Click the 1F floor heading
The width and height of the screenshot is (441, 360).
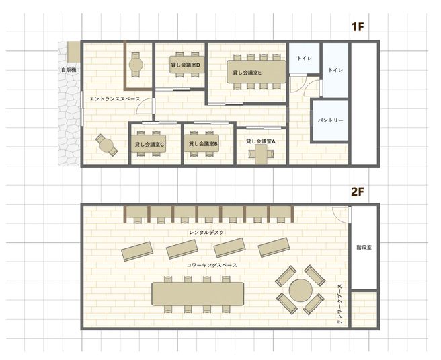pos(357,28)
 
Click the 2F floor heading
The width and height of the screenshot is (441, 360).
pos(357,191)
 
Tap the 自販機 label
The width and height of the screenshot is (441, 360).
pos(69,69)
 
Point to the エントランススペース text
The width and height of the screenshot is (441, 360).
pos(114,100)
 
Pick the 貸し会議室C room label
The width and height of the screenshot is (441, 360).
pos(149,144)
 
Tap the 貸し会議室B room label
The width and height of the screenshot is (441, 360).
pos(204,143)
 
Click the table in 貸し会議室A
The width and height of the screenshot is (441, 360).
pos(261,155)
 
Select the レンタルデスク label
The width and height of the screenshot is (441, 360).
pos(207,232)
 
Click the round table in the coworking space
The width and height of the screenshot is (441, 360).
pos(298,291)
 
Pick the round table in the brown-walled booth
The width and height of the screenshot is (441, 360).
pos(136,65)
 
